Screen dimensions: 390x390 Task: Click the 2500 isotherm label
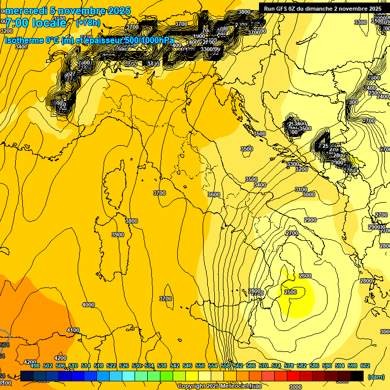tap(290, 292)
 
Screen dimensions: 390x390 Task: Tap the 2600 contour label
tap(305, 276)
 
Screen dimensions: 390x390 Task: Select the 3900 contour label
tap(117, 235)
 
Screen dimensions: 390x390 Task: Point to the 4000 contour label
tap(88, 305)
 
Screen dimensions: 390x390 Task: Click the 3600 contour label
tap(214, 194)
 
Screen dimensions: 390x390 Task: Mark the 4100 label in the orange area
tap(73, 330)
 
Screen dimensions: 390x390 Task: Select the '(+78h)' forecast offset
tap(88, 23)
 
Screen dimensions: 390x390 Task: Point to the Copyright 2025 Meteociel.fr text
tap(219, 386)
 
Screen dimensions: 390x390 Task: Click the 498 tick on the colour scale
tap(35, 366)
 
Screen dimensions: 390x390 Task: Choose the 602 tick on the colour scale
tap(365, 366)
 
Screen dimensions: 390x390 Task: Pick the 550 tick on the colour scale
tap(200, 366)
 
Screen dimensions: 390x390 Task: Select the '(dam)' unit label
tap(376, 376)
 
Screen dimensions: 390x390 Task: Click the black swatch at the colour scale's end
tap(357, 376)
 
